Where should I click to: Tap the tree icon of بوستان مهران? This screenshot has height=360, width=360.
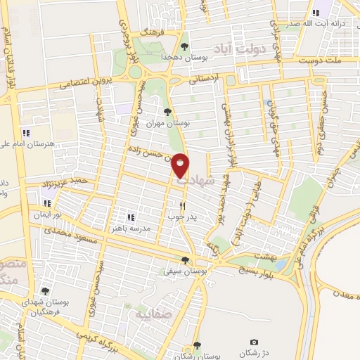[x=167, y=112]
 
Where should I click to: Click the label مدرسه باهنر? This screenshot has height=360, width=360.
[x=116, y=228]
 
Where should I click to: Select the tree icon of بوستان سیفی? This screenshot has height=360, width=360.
[x=186, y=259]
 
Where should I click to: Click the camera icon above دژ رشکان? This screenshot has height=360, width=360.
[x=254, y=342]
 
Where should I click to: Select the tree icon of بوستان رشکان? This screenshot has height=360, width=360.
[x=197, y=345]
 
